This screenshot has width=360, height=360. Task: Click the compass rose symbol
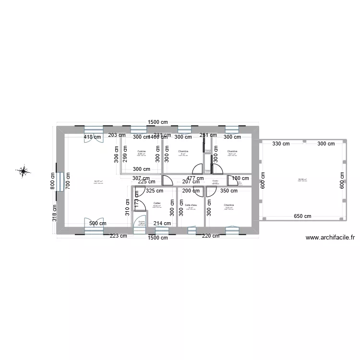tap(23, 170)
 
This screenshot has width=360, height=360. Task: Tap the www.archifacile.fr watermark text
tap(330, 237)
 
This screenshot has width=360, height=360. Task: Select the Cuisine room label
tap(141, 151)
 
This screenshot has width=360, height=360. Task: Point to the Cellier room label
tap(157, 203)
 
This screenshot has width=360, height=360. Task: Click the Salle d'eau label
tap(191, 205)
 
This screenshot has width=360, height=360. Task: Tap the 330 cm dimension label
tap(281, 144)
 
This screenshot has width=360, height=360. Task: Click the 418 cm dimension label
tap(93, 137)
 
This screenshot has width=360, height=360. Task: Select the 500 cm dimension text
tap(98, 223)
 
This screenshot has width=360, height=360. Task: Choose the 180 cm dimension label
tap(237, 179)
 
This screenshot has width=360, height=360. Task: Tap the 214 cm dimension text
tap(162, 223)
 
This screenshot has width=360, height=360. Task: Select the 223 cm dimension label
tap(118, 236)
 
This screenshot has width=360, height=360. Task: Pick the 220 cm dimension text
tap(210, 236)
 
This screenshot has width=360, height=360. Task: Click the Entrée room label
tap(141, 221)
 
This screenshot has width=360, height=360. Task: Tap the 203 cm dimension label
tap(116, 136)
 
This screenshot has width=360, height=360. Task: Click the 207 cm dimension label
tap(191, 182)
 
